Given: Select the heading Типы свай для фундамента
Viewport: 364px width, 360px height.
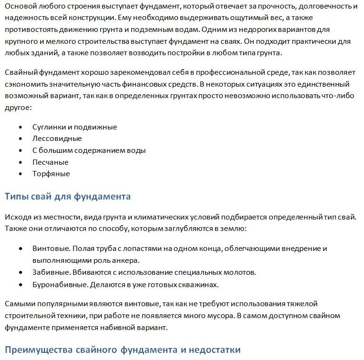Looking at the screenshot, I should coord(67,196).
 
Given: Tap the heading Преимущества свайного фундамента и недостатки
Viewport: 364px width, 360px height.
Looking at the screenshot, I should coord(122,350).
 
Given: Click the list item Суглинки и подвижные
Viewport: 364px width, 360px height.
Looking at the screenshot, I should coord(74,127).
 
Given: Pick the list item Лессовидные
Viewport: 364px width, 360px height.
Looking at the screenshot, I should coord(57,139).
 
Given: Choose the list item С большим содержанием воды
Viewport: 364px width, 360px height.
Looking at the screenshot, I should coord(89,150).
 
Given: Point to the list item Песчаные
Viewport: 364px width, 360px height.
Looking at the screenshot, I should coord(50,162).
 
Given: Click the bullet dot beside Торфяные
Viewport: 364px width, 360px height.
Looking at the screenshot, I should coord(20,174).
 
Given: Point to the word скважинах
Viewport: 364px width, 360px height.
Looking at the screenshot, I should coord(202,285).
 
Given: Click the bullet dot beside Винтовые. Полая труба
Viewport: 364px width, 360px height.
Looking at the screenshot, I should coord(20,249).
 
